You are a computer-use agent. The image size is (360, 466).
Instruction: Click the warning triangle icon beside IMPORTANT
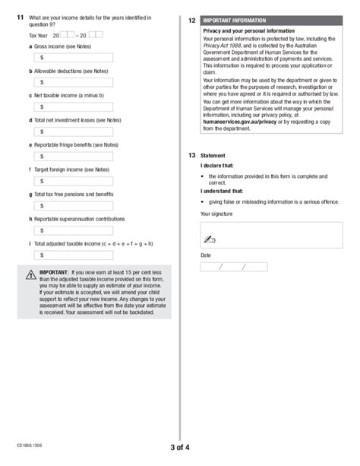coord(29,276)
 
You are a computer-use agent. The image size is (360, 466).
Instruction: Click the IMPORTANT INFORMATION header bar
coord(268,20)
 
